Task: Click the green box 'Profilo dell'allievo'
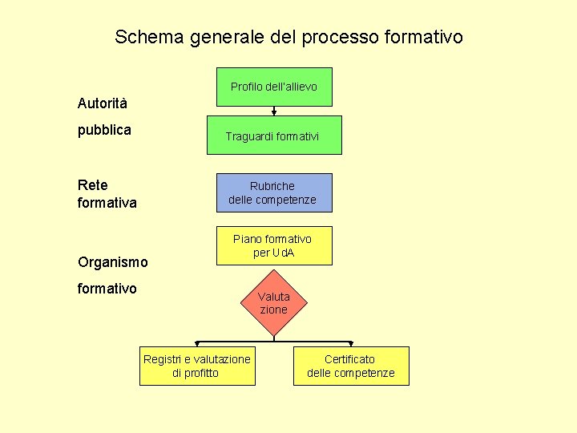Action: click(x=274, y=87)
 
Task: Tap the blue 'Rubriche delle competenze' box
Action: click(x=274, y=192)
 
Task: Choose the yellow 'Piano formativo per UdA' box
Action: click(x=274, y=245)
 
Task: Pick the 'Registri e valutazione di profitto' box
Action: click(x=196, y=366)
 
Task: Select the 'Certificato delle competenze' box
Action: click(x=351, y=366)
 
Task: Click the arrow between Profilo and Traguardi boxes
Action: click(x=274, y=111)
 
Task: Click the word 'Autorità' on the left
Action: click(x=102, y=103)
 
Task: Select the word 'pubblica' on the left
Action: click(x=104, y=130)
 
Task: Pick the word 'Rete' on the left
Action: click(x=92, y=185)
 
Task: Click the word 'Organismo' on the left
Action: click(x=112, y=262)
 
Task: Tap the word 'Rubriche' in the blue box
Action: click(x=272, y=186)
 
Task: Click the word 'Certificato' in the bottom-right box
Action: click(x=349, y=359)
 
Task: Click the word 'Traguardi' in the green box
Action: click(x=249, y=137)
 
